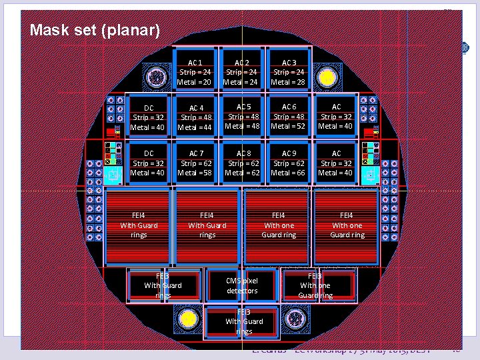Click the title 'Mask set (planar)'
coord(95,31)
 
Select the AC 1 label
coord(194,62)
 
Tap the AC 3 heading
coord(289,62)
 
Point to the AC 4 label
coord(195,107)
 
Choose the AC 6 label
coord(289,107)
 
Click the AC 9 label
coord(289,153)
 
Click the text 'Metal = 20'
coord(194,82)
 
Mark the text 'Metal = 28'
coord(289,82)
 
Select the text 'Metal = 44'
coord(195,127)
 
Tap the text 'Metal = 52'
coord(289,126)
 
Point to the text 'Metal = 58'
coord(195,173)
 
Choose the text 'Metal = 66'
coord(289,173)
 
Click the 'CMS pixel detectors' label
coord(241,286)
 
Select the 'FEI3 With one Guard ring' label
coord(315,285)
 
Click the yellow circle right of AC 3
coord(327,78)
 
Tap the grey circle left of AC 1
coord(156,77)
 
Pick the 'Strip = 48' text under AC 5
coord(243,116)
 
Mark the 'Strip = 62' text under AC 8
coord(243,163)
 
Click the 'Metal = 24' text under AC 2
coord(241,82)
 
